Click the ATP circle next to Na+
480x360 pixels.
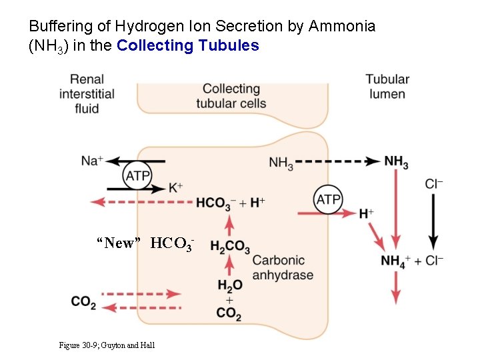click(137, 175)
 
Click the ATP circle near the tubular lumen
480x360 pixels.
click(328, 199)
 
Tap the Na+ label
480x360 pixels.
click(92, 161)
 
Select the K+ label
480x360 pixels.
click(175, 188)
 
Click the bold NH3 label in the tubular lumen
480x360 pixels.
click(396, 161)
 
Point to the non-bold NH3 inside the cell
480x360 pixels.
click(281, 162)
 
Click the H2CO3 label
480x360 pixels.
click(229, 247)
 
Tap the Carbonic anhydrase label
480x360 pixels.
click(283, 267)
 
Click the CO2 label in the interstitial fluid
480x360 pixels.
click(83, 301)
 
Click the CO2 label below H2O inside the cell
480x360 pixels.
click(229, 313)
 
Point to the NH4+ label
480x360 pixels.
click(395, 261)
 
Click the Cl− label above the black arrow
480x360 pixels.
click(434, 183)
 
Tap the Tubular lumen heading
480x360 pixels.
click(387, 87)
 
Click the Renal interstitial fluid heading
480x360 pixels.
click(87, 94)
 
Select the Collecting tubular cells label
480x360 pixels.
click(231, 96)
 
